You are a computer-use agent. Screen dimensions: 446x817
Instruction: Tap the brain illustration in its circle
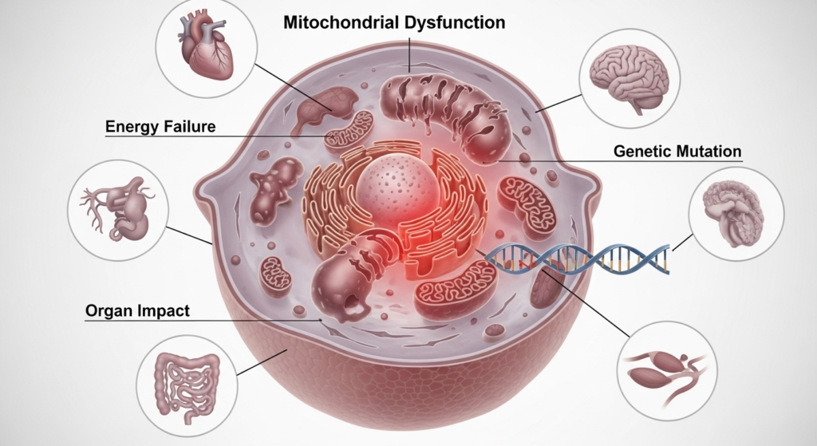[628, 73]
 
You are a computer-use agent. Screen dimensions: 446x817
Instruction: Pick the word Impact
[164, 310]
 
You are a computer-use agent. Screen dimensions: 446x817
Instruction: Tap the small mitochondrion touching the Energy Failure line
[349, 130]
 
